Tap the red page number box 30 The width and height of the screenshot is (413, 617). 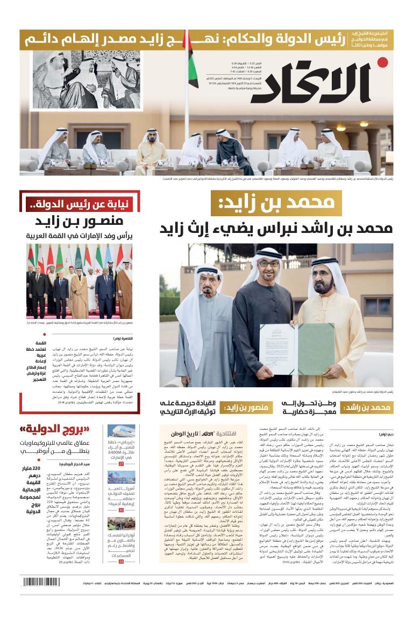coord(122,509)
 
